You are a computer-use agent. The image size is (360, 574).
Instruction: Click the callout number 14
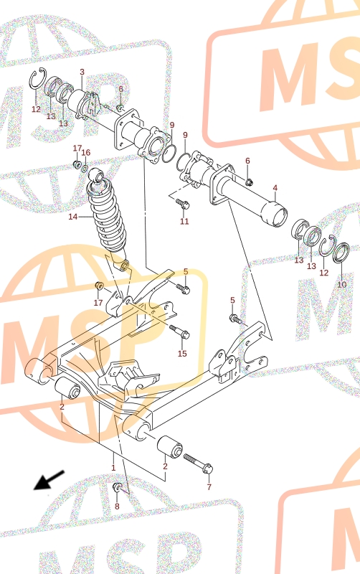point(73,217)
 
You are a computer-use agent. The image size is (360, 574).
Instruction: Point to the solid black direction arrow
point(49,479)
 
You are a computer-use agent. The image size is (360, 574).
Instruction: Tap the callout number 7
point(209,487)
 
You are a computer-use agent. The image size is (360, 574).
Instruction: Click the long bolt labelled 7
point(198,463)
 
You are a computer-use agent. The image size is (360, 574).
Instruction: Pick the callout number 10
point(341,284)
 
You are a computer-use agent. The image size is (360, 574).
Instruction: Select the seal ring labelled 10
point(341,253)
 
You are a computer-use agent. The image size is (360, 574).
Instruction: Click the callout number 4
point(275,188)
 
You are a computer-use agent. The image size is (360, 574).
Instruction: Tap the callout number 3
point(82,72)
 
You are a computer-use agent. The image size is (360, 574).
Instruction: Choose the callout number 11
point(184,221)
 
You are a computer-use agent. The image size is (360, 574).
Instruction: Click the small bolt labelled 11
point(182,203)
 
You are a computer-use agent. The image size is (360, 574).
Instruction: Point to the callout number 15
point(182,353)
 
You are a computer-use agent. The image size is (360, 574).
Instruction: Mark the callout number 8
point(117,507)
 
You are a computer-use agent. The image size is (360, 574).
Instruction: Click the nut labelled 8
point(118,487)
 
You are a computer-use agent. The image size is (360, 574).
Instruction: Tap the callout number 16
point(85,153)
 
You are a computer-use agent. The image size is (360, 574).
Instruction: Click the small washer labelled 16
point(85,169)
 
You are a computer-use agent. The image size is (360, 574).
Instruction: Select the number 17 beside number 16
point(77,149)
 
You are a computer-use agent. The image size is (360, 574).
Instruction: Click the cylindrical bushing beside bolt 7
point(170,446)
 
